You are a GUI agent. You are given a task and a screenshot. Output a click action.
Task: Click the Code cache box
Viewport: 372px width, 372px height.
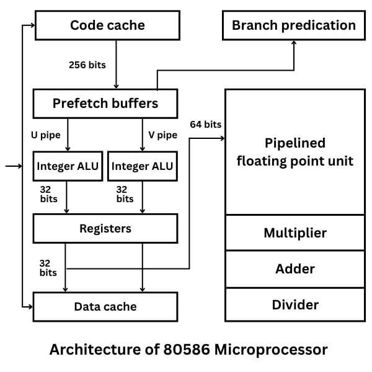tap(107, 25)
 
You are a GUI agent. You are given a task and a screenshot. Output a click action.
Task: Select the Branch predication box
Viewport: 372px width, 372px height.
tap(293, 25)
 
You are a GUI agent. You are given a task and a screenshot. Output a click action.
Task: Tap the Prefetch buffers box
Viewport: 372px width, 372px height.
tap(105, 103)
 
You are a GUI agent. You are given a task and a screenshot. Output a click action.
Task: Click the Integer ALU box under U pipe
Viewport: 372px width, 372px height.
tap(68, 167)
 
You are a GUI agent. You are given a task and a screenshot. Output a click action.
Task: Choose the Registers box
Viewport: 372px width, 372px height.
tap(105, 229)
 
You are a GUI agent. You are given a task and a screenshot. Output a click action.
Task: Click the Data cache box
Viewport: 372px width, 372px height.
tap(105, 306)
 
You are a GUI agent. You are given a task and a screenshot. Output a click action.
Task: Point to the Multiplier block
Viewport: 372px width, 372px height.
tap(294, 233)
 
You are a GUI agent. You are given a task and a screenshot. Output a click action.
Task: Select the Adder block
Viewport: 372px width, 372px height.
tap(294, 269)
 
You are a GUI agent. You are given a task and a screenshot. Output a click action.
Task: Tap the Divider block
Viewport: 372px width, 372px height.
tap(294, 304)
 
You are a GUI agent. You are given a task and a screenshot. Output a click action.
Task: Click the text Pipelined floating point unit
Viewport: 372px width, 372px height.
tap(294, 152)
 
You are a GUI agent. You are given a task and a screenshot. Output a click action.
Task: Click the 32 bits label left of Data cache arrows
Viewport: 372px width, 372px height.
tap(48, 267)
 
